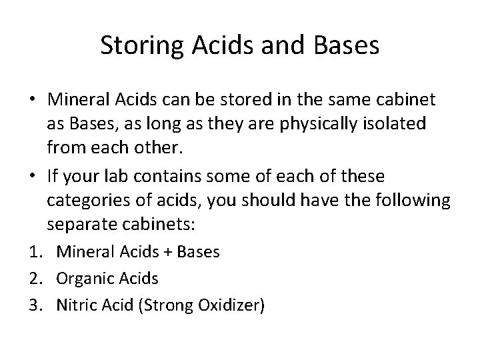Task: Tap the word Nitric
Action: (x=77, y=306)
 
